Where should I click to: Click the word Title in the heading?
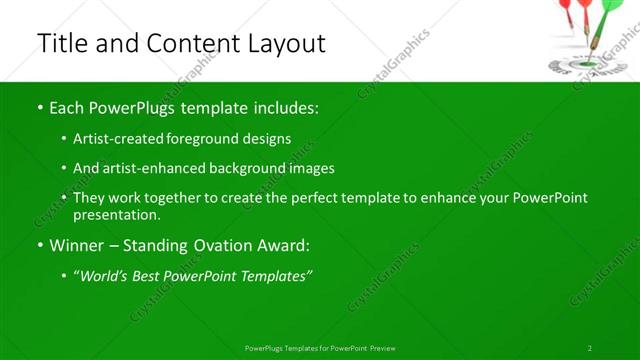click(x=61, y=43)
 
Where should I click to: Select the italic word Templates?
click(x=276, y=276)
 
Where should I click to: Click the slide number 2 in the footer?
click(x=590, y=348)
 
